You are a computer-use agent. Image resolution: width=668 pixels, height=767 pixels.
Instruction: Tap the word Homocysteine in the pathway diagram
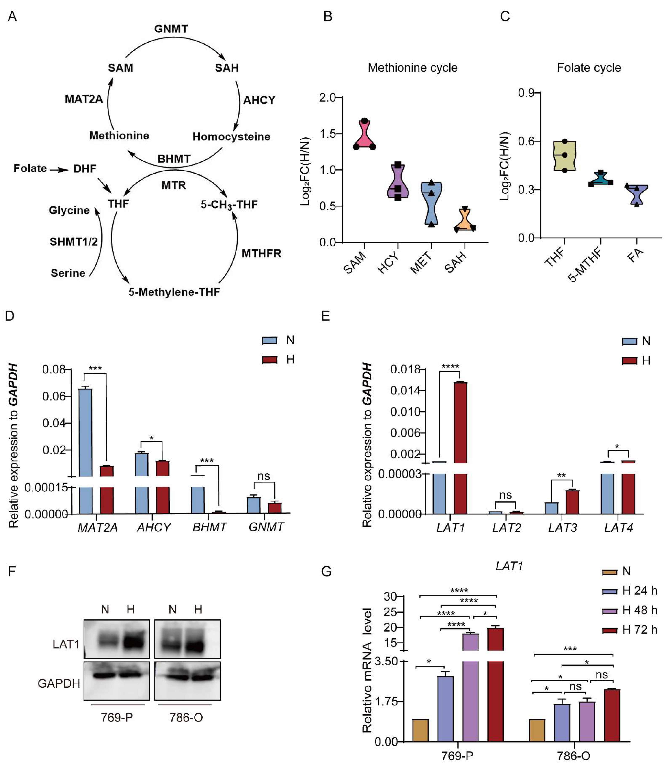tap(231, 137)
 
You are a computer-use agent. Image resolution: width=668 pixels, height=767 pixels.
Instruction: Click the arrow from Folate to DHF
tap(59, 170)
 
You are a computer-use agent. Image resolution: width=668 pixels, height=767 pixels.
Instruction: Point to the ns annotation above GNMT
tap(264, 476)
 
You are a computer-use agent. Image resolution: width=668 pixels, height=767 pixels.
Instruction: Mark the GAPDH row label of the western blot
tap(59, 683)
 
